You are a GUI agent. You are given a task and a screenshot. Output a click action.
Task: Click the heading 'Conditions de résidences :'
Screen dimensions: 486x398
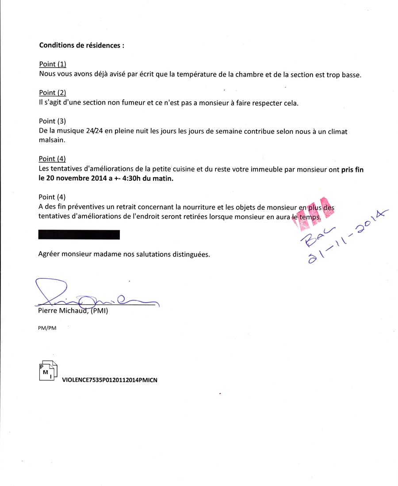(82, 45)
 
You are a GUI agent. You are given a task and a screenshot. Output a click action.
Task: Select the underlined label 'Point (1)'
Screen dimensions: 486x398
(52, 64)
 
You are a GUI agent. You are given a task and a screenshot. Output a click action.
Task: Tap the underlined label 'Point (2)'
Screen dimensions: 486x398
(52, 93)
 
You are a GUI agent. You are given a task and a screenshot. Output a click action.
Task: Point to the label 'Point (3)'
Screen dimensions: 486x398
(52, 121)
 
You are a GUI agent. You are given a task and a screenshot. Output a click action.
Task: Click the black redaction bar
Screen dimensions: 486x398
(79, 235)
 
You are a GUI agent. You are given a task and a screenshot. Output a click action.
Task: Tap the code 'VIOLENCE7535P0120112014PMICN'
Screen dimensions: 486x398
(110, 379)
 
